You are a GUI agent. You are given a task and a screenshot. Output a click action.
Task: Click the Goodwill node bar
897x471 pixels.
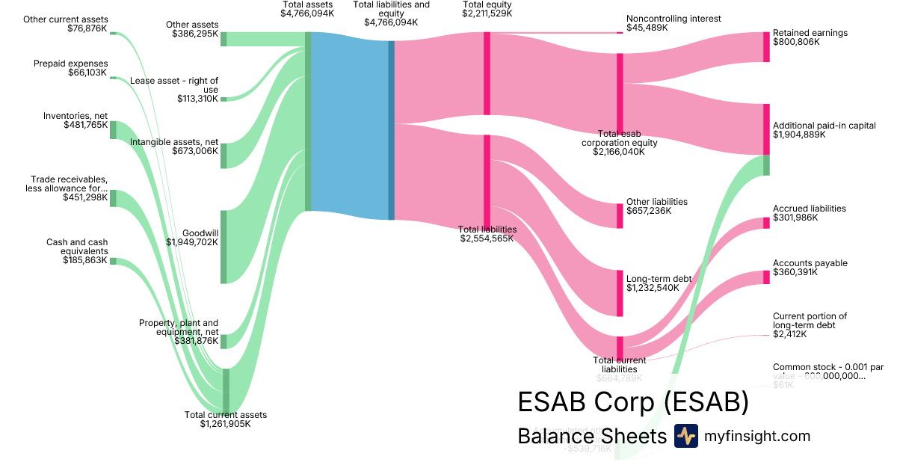pyautogui.click(x=224, y=247)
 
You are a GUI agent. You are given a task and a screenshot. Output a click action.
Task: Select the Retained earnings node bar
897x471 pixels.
pyautogui.click(x=766, y=47)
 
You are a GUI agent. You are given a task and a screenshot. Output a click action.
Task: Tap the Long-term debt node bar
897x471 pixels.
pyautogui.click(x=620, y=293)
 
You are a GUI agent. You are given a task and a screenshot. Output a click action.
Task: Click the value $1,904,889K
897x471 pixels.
pyautogui.click(x=799, y=135)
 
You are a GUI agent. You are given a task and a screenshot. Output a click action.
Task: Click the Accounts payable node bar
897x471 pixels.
pyautogui.click(x=766, y=277)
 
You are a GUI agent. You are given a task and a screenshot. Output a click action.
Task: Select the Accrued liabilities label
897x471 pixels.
pyautogui.click(x=810, y=209)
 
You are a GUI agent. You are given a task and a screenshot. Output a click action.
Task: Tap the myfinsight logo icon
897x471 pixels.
pyautogui.click(x=685, y=436)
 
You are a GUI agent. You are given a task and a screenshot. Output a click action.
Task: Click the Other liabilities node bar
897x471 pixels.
pyautogui.click(x=620, y=215)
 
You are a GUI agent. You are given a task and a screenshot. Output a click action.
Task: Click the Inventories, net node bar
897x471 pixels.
pyautogui.click(x=114, y=129)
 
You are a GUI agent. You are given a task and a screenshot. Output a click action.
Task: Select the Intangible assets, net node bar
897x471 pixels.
pyautogui.click(x=224, y=156)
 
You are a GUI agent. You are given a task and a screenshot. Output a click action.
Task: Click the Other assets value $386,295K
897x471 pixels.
pyautogui.click(x=195, y=34)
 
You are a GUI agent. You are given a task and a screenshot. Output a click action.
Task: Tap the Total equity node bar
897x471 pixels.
pyautogui.click(x=487, y=73)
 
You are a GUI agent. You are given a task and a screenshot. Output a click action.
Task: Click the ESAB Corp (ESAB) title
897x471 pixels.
pyautogui.click(x=632, y=402)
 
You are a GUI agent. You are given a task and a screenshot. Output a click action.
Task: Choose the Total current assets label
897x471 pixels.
pyautogui.click(x=225, y=415)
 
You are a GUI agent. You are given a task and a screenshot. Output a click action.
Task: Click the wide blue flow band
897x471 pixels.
pyautogui.click(x=349, y=126)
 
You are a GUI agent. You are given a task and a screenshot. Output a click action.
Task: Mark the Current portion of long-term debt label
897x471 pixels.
pyautogui.click(x=810, y=321)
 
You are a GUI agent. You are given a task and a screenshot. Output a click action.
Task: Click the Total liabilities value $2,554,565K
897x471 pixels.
pyautogui.click(x=487, y=238)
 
